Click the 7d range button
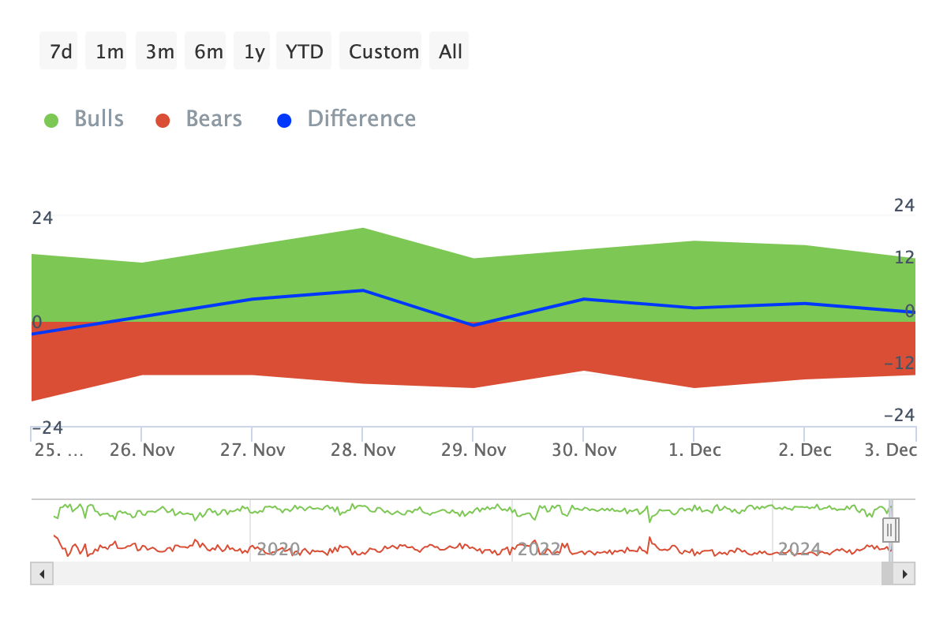click(x=60, y=51)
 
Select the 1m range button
click(x=109, y=51)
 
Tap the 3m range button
click(x=159, y=51)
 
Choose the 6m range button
click(x=208, y=51)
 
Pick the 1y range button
click(x=254, y=51)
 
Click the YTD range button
click(x=304, y=51)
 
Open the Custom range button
click(x=384, y=51)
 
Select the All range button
click(x=451, y=51)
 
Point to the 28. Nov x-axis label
click(x=362, y=450)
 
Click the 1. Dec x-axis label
click(x=694, y=450)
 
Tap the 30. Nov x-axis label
click(x=583, y=450)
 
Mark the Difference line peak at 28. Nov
click(x=362, y=290)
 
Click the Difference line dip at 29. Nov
click(x=473, y=325)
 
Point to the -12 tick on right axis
click(x=900, y=363)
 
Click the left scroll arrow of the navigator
click(x=41, y=573)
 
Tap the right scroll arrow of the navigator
click(x=904, y=573)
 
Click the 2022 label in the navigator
click(x=538, y=548)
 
